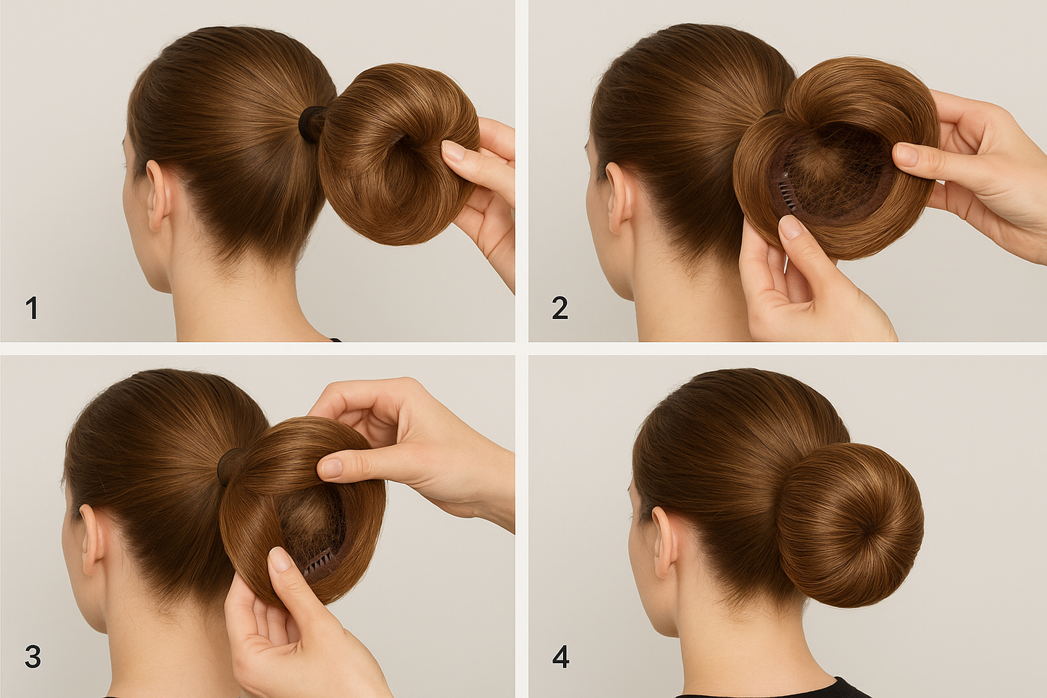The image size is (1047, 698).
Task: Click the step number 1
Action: click(x=32, y=309)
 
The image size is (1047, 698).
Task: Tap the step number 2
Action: click(x=560, y=309)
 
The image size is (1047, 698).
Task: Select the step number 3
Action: click(x=33, y=657)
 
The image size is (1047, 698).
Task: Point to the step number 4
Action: click(x=561, y=657)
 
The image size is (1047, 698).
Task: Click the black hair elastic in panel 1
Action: click(x=312, y=123)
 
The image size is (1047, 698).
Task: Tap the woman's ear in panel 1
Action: click(x=159, y=196)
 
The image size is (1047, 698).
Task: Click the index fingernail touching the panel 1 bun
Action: click(x=451, y=151)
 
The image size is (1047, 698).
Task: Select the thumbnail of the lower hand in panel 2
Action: click(x=789, y=228)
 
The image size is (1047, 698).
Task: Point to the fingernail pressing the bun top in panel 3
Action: click(x=330, y=467)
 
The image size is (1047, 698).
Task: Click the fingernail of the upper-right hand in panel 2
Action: click(x=906, y=154)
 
